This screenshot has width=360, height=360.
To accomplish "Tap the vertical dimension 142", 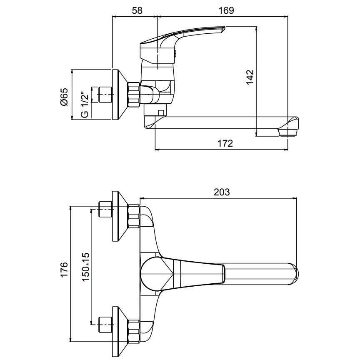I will [x=250, y=77].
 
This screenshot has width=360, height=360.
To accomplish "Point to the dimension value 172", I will [x=225, y=144].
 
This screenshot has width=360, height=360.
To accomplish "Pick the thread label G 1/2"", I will [x=85, y=105].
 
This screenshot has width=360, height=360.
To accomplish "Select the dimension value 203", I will [x=221, y=192].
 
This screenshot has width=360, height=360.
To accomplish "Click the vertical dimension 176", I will [x=64, y=271].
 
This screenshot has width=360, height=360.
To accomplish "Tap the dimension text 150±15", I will [x=85, y=267].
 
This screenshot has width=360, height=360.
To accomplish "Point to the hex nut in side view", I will [x=133, y=95].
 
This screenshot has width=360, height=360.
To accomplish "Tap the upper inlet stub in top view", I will [x=105, y=209].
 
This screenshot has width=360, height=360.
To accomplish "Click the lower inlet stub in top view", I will [x=105, y=324].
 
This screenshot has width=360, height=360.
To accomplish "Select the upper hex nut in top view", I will [x=133, y=216].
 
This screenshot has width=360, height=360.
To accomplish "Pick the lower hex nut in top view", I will [x=133, y=330].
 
